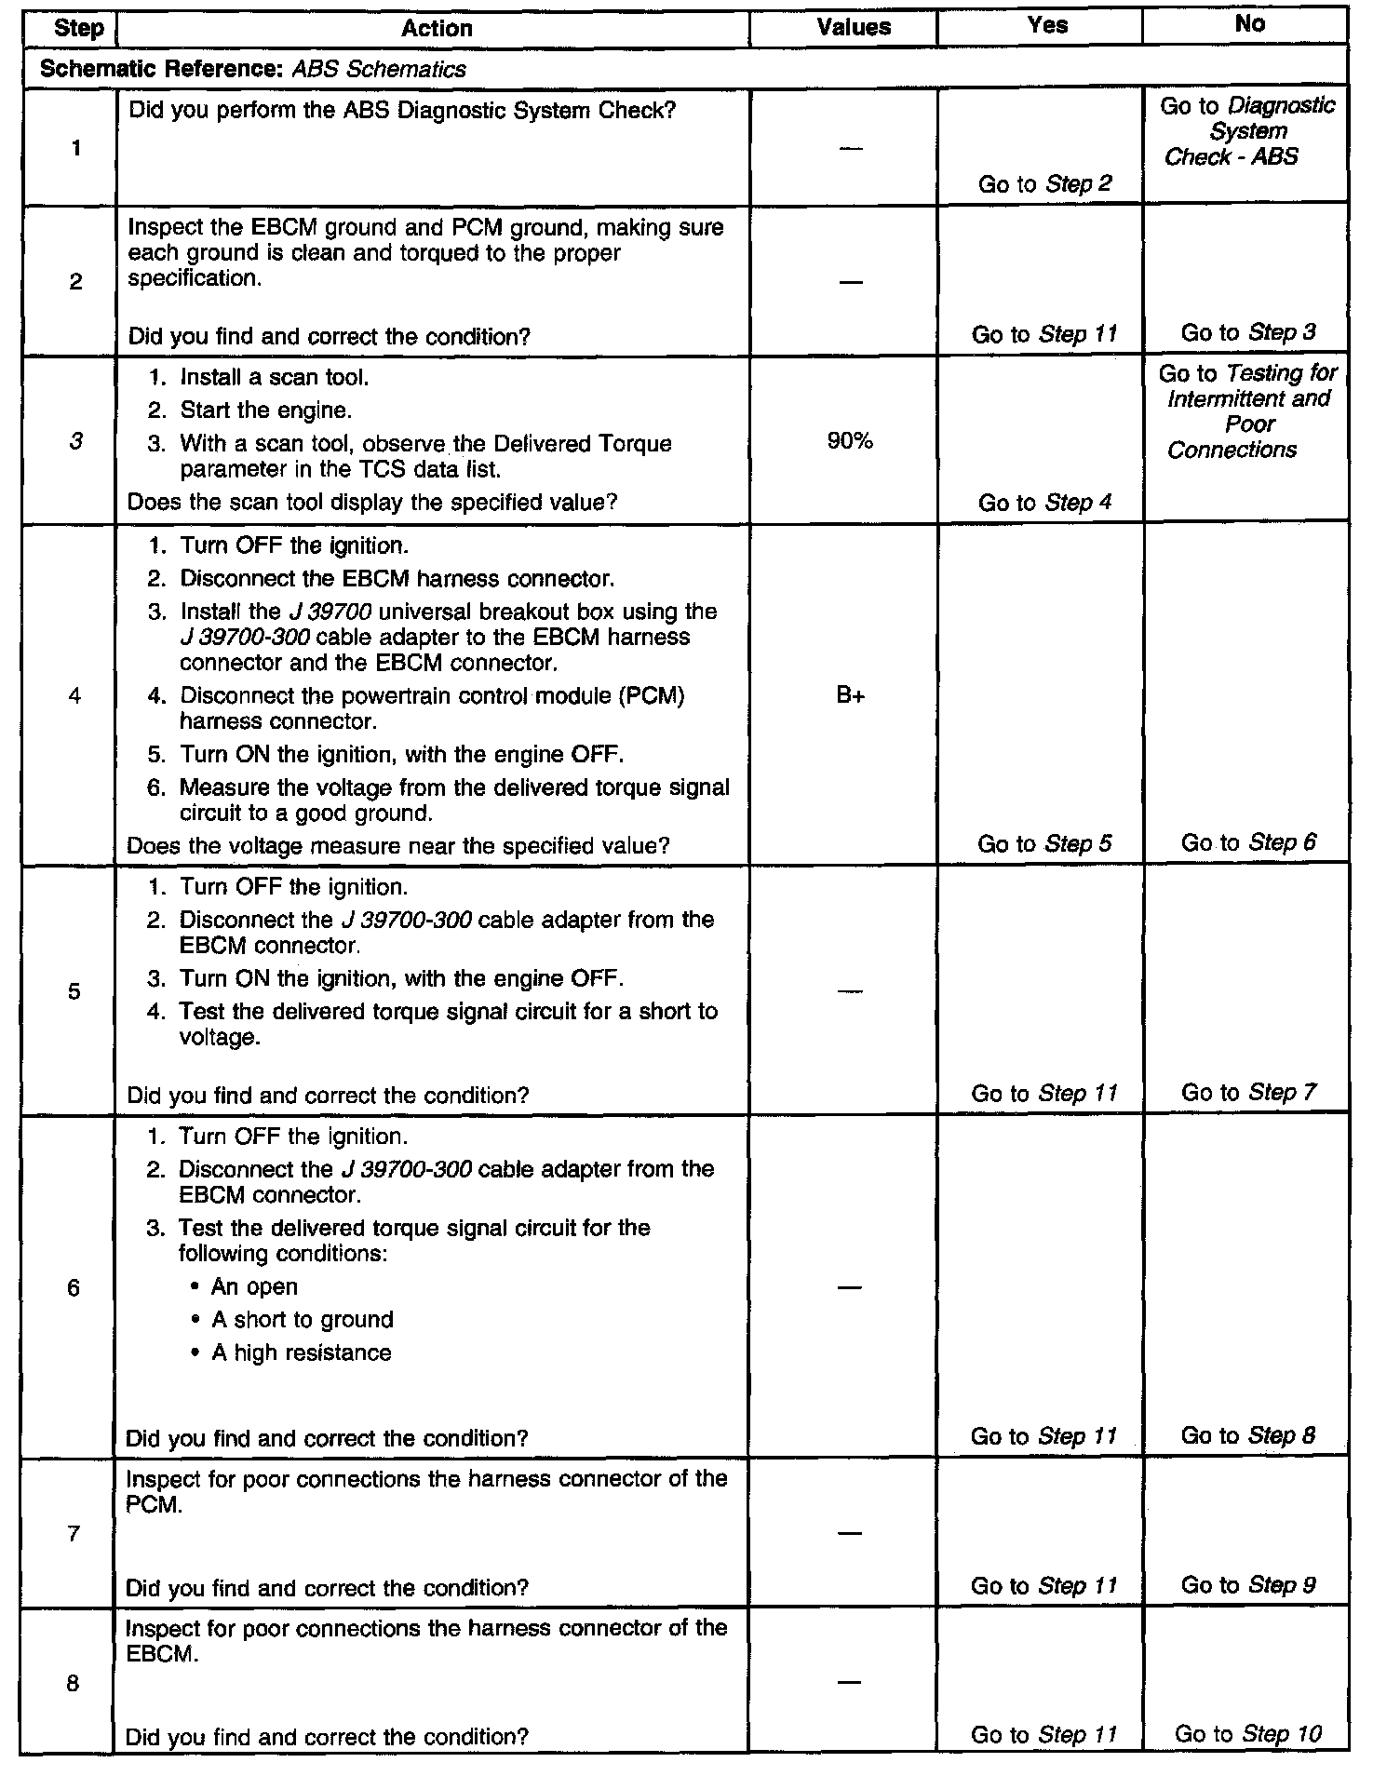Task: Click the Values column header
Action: (853, 27)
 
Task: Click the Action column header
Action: (436, 28)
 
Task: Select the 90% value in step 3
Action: (850, 441)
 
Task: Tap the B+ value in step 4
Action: (850, 695)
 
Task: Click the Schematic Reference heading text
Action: (253, 69)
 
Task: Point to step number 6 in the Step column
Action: (74, 1287)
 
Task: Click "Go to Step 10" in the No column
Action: (1247, 1733)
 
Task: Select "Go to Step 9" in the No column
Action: (1247, 1584)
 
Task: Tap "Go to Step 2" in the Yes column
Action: (1044, 183)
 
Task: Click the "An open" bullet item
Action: (254, 1286)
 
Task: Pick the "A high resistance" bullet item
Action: (301, 1352)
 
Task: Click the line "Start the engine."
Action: (265, 410)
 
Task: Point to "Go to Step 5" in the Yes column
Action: (1044, 843)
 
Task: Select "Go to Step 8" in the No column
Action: (1247, 1435)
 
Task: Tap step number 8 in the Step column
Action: (73, 1683)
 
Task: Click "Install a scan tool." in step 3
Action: (274, 377)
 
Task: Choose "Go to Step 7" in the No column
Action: (1248, 1092)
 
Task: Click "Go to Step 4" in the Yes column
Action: (1044, 503)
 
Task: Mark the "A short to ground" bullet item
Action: (302, 1319)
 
